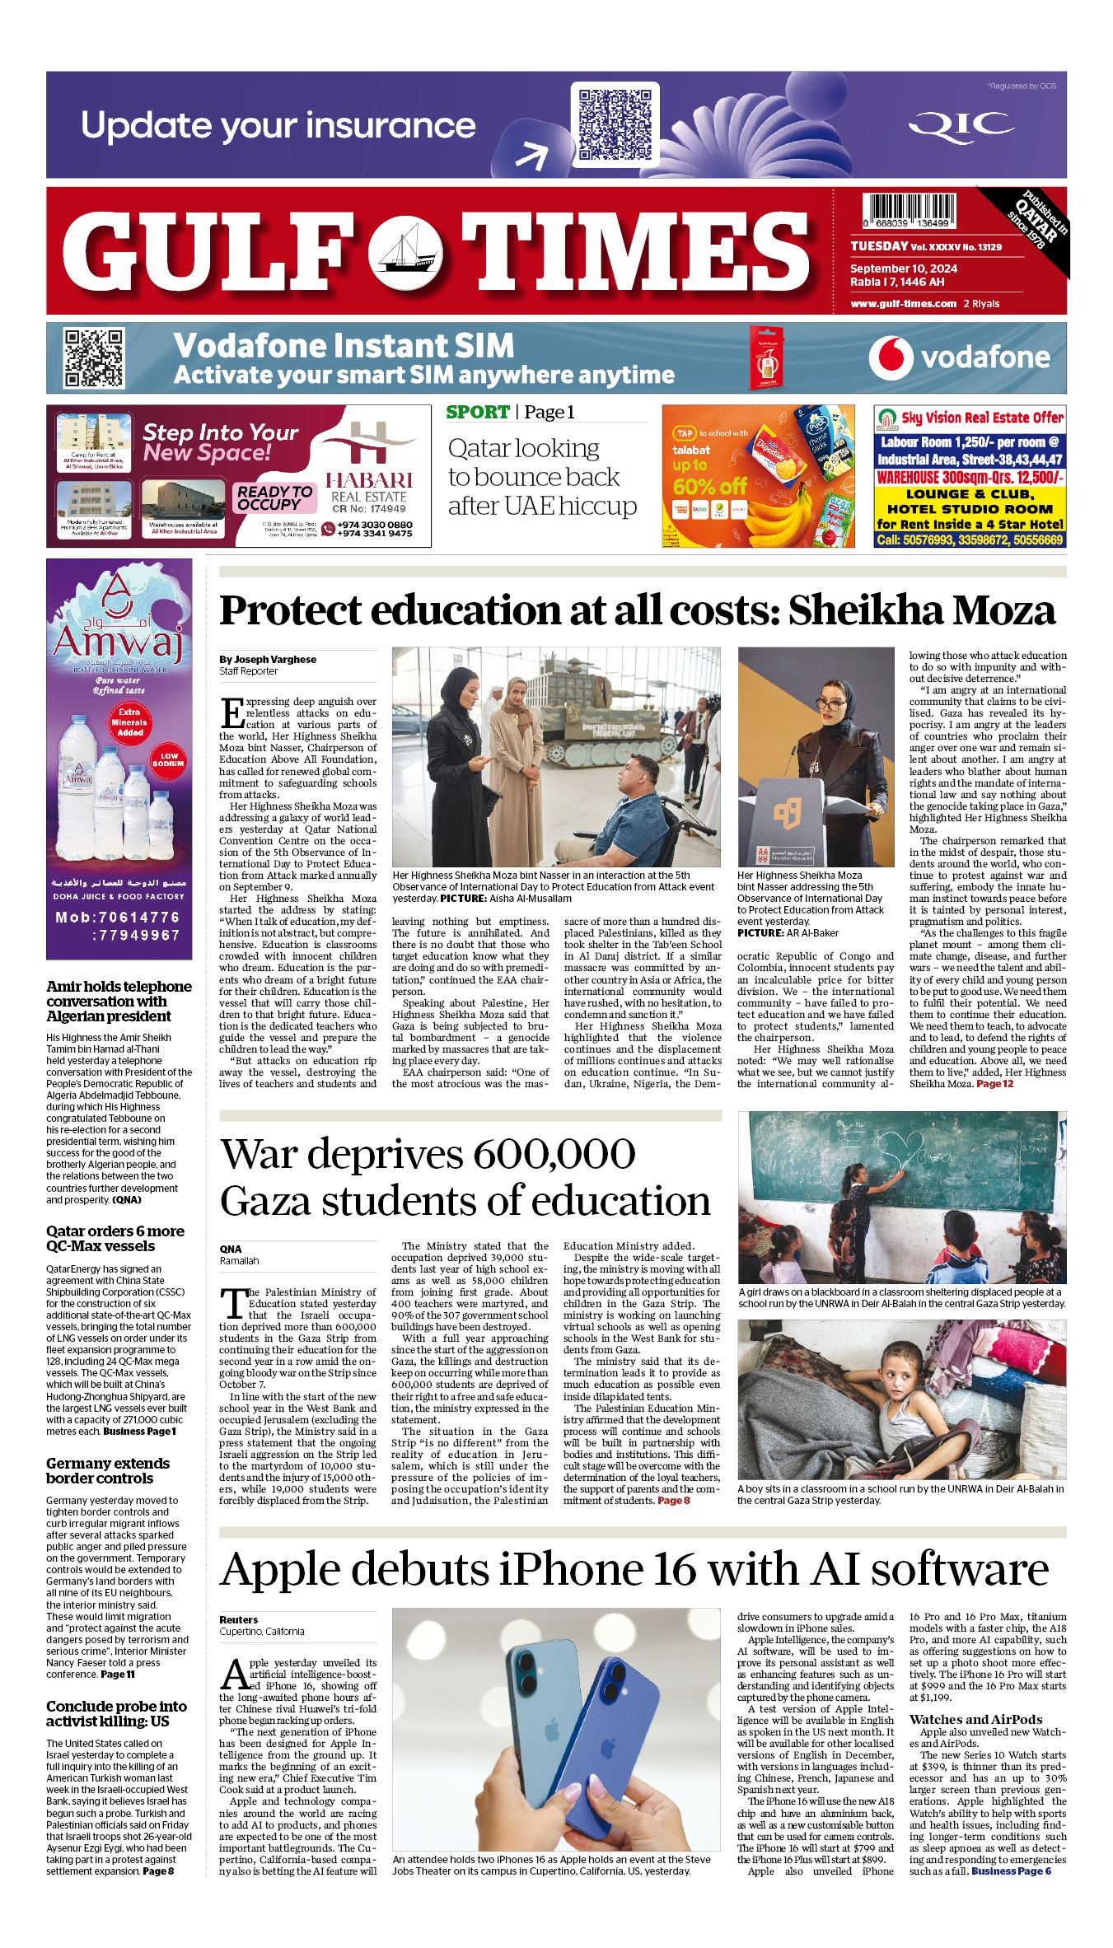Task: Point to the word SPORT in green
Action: click(478, 412)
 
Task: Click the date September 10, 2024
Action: click(903, 269)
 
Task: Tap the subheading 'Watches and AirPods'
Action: click(975, 1719)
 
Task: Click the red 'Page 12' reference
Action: click(994, 1084)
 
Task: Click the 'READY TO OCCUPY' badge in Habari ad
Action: click(274, 498)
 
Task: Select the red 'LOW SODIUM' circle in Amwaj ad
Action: click(168, 759)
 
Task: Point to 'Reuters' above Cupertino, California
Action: click(239, 1619)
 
